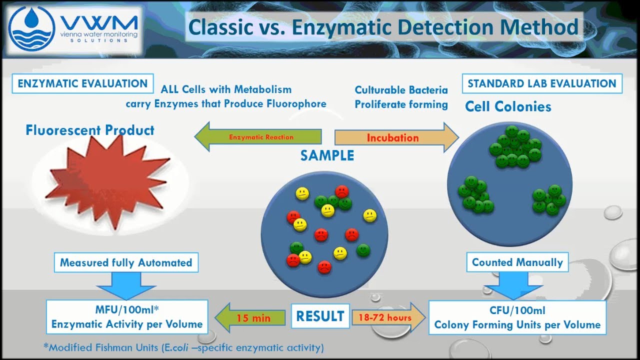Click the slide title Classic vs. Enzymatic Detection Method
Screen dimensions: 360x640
tap(383, 27)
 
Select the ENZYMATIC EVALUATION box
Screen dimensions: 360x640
tap(82, 83)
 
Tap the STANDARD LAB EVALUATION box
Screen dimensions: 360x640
tap(541, 83)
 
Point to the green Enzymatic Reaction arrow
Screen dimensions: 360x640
tap(258, 137)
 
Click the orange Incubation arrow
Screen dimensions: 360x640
tap(395, 137)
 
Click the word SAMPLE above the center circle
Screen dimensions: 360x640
tap(327, 155)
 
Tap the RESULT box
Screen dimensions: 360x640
tap(320, 316)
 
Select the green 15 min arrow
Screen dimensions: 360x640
tap(249, 317)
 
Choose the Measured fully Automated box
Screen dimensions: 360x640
tap(126, 262)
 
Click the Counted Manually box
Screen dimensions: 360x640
tap(517, 262)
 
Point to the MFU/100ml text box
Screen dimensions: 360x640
tap(127, 317)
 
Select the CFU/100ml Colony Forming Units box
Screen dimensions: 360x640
tap(517, 317)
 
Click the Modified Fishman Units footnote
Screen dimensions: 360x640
tap(183, 347)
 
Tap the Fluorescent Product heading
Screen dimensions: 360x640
tap(90, 130)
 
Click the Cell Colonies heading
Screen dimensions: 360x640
tap(508, 106)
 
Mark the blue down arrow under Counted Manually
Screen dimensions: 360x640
tap(513, 285)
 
